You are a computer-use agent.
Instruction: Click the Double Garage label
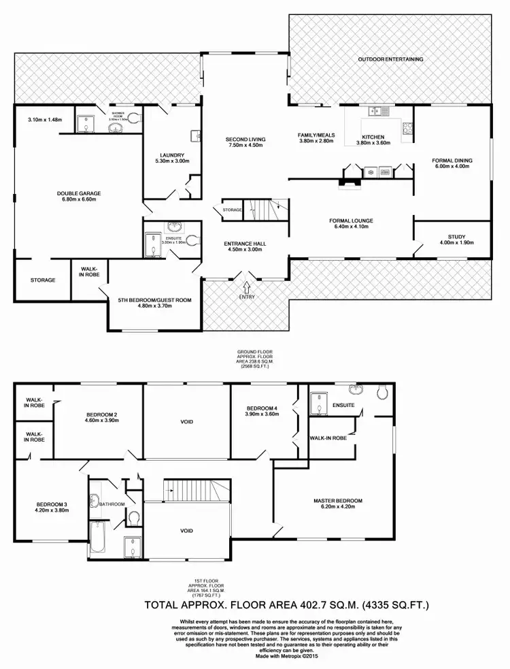click(79, 193)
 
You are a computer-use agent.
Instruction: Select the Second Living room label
click(245, 140)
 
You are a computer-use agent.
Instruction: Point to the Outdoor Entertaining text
click(391, 59)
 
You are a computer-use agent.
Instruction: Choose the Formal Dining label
click(452, 161)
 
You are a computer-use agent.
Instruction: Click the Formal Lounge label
click(351, 221)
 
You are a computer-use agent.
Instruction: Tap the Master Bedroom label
click(338, 501)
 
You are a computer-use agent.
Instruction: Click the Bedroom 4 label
click(262, 408)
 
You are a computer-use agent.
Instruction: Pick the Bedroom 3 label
click(52, 504)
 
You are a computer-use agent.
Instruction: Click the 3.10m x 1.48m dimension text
click(46, 120)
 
